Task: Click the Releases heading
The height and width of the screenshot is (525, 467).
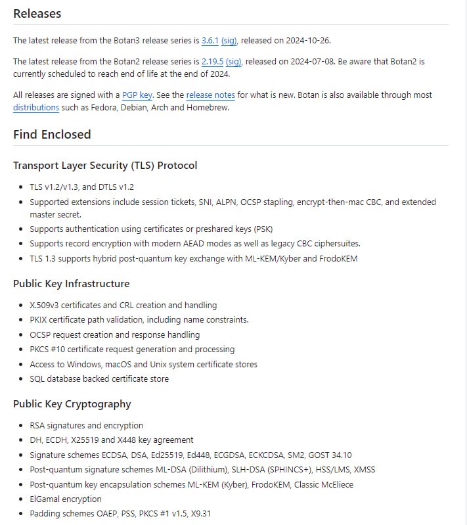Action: (37, 13)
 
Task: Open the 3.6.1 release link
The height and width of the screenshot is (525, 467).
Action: (210, 40)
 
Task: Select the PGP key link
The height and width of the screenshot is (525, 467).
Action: (137, 95)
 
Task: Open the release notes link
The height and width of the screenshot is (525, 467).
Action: (210, 95)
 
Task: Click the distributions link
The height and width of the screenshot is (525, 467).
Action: (36, 108)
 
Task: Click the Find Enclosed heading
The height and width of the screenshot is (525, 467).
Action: (52, 134)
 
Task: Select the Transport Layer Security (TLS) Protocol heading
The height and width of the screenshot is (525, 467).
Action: (105, 166)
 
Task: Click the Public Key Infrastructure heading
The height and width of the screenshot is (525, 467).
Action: (71, 284)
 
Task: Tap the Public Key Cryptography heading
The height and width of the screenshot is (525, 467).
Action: (72, 404)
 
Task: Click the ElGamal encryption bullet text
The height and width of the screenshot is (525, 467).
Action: (66, 499)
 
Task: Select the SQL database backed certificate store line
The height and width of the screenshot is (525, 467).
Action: (99, 379)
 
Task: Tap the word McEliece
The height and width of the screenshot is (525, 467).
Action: (336, 485)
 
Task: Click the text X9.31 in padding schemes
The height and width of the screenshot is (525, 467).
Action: (198, 514)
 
